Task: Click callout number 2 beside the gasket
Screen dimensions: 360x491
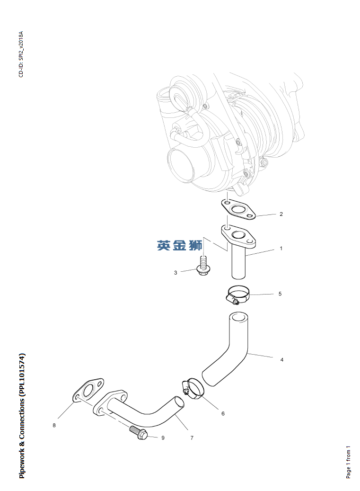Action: coord(281,214)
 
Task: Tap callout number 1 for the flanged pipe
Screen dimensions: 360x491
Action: coord(281,249)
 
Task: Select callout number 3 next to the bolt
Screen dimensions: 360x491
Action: coord(176,273)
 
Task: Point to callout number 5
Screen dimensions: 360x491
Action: coord(280,294)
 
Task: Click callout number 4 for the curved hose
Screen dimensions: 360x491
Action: coord(282,360)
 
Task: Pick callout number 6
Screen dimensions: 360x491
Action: coord(223,414)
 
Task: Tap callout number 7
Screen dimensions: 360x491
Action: coord(192,438)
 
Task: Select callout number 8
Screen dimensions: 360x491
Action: coord(54,426)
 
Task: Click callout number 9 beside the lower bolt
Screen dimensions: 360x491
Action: coord(163,438)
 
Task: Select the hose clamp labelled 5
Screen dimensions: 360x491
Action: coord(238,295)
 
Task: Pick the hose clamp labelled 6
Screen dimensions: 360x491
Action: coord(193,389)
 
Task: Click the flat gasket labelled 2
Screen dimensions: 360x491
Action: coord(238,210)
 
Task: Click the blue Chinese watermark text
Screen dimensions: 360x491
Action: coord(180,245)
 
